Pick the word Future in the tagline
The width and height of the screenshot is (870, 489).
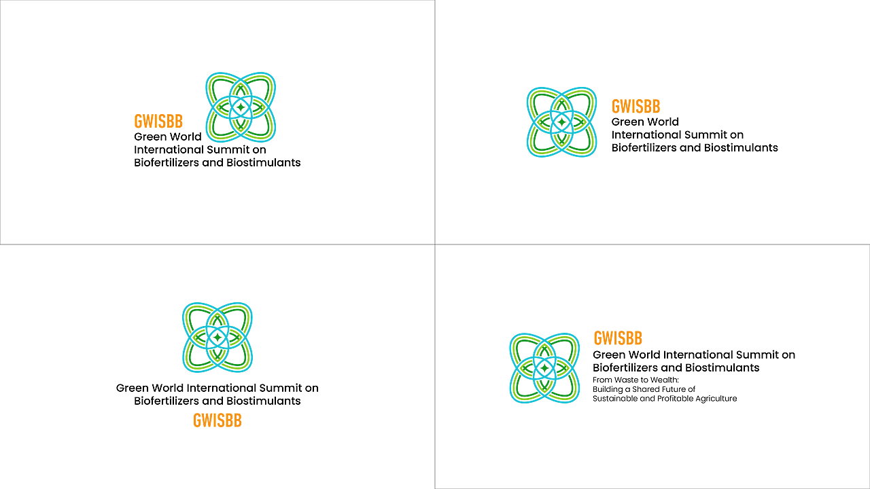(674, 389)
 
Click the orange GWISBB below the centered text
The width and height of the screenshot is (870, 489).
(217, 420)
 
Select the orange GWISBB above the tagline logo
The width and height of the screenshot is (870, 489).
(618, 338)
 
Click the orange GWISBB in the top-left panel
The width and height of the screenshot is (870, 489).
(158, 122)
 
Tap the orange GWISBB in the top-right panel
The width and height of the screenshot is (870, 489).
(636, 107)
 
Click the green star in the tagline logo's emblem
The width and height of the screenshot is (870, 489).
(544, 368)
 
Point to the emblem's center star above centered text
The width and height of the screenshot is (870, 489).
(217, 338)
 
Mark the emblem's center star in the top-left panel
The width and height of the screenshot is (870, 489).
(241, 107)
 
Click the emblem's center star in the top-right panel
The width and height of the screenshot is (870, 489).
(561, 122)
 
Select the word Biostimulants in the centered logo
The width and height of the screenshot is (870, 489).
(264, 401)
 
